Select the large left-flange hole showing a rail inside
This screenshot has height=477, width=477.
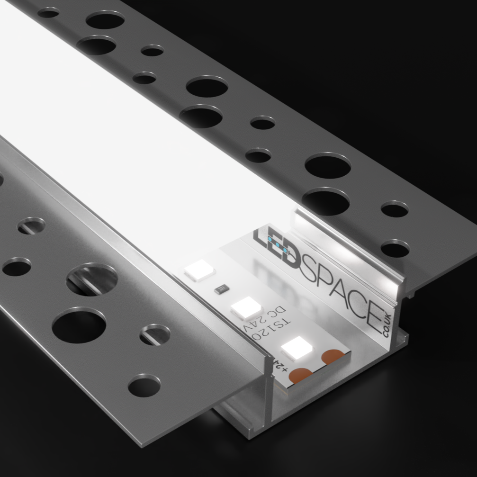92,279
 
